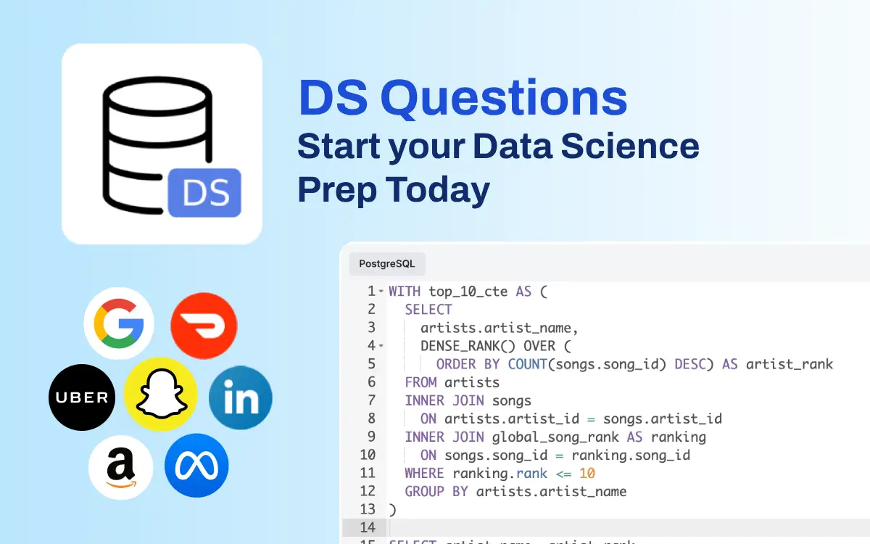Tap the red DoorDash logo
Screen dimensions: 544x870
[204, 326]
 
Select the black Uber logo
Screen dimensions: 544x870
[82, 397]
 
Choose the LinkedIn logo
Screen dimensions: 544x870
[240, 398]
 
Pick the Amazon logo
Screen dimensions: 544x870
[120, 468]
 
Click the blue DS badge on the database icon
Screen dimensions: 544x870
[204, 193]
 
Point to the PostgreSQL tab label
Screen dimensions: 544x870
[387, 264]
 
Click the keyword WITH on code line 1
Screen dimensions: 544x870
[405, 292]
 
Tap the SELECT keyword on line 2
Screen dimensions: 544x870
[428, 310]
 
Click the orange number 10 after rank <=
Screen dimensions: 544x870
[587, 474]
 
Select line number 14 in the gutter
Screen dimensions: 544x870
[368, 527]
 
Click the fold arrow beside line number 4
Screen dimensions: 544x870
[381, 347]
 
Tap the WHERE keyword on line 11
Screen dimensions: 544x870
[424, 474]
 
